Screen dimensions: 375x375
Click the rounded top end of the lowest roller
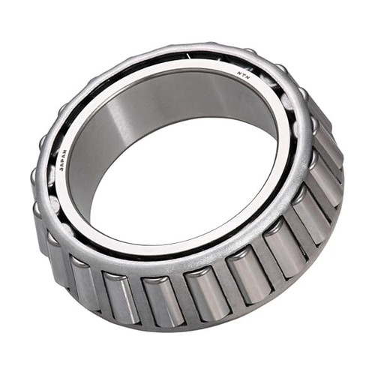160,280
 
